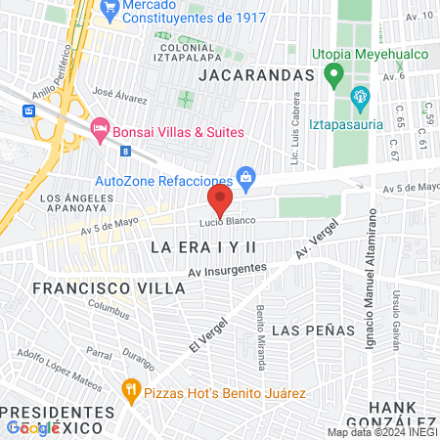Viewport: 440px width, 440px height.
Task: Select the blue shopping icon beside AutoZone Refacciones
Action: (246, 176)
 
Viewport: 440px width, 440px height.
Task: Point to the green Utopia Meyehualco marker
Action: (334, 74)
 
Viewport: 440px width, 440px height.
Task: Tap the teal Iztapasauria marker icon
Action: (360, 96)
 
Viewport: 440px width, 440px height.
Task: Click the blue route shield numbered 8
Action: (125, 151)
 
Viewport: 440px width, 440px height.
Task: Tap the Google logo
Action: (32, 427)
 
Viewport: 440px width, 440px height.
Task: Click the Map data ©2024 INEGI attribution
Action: (381, 432)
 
